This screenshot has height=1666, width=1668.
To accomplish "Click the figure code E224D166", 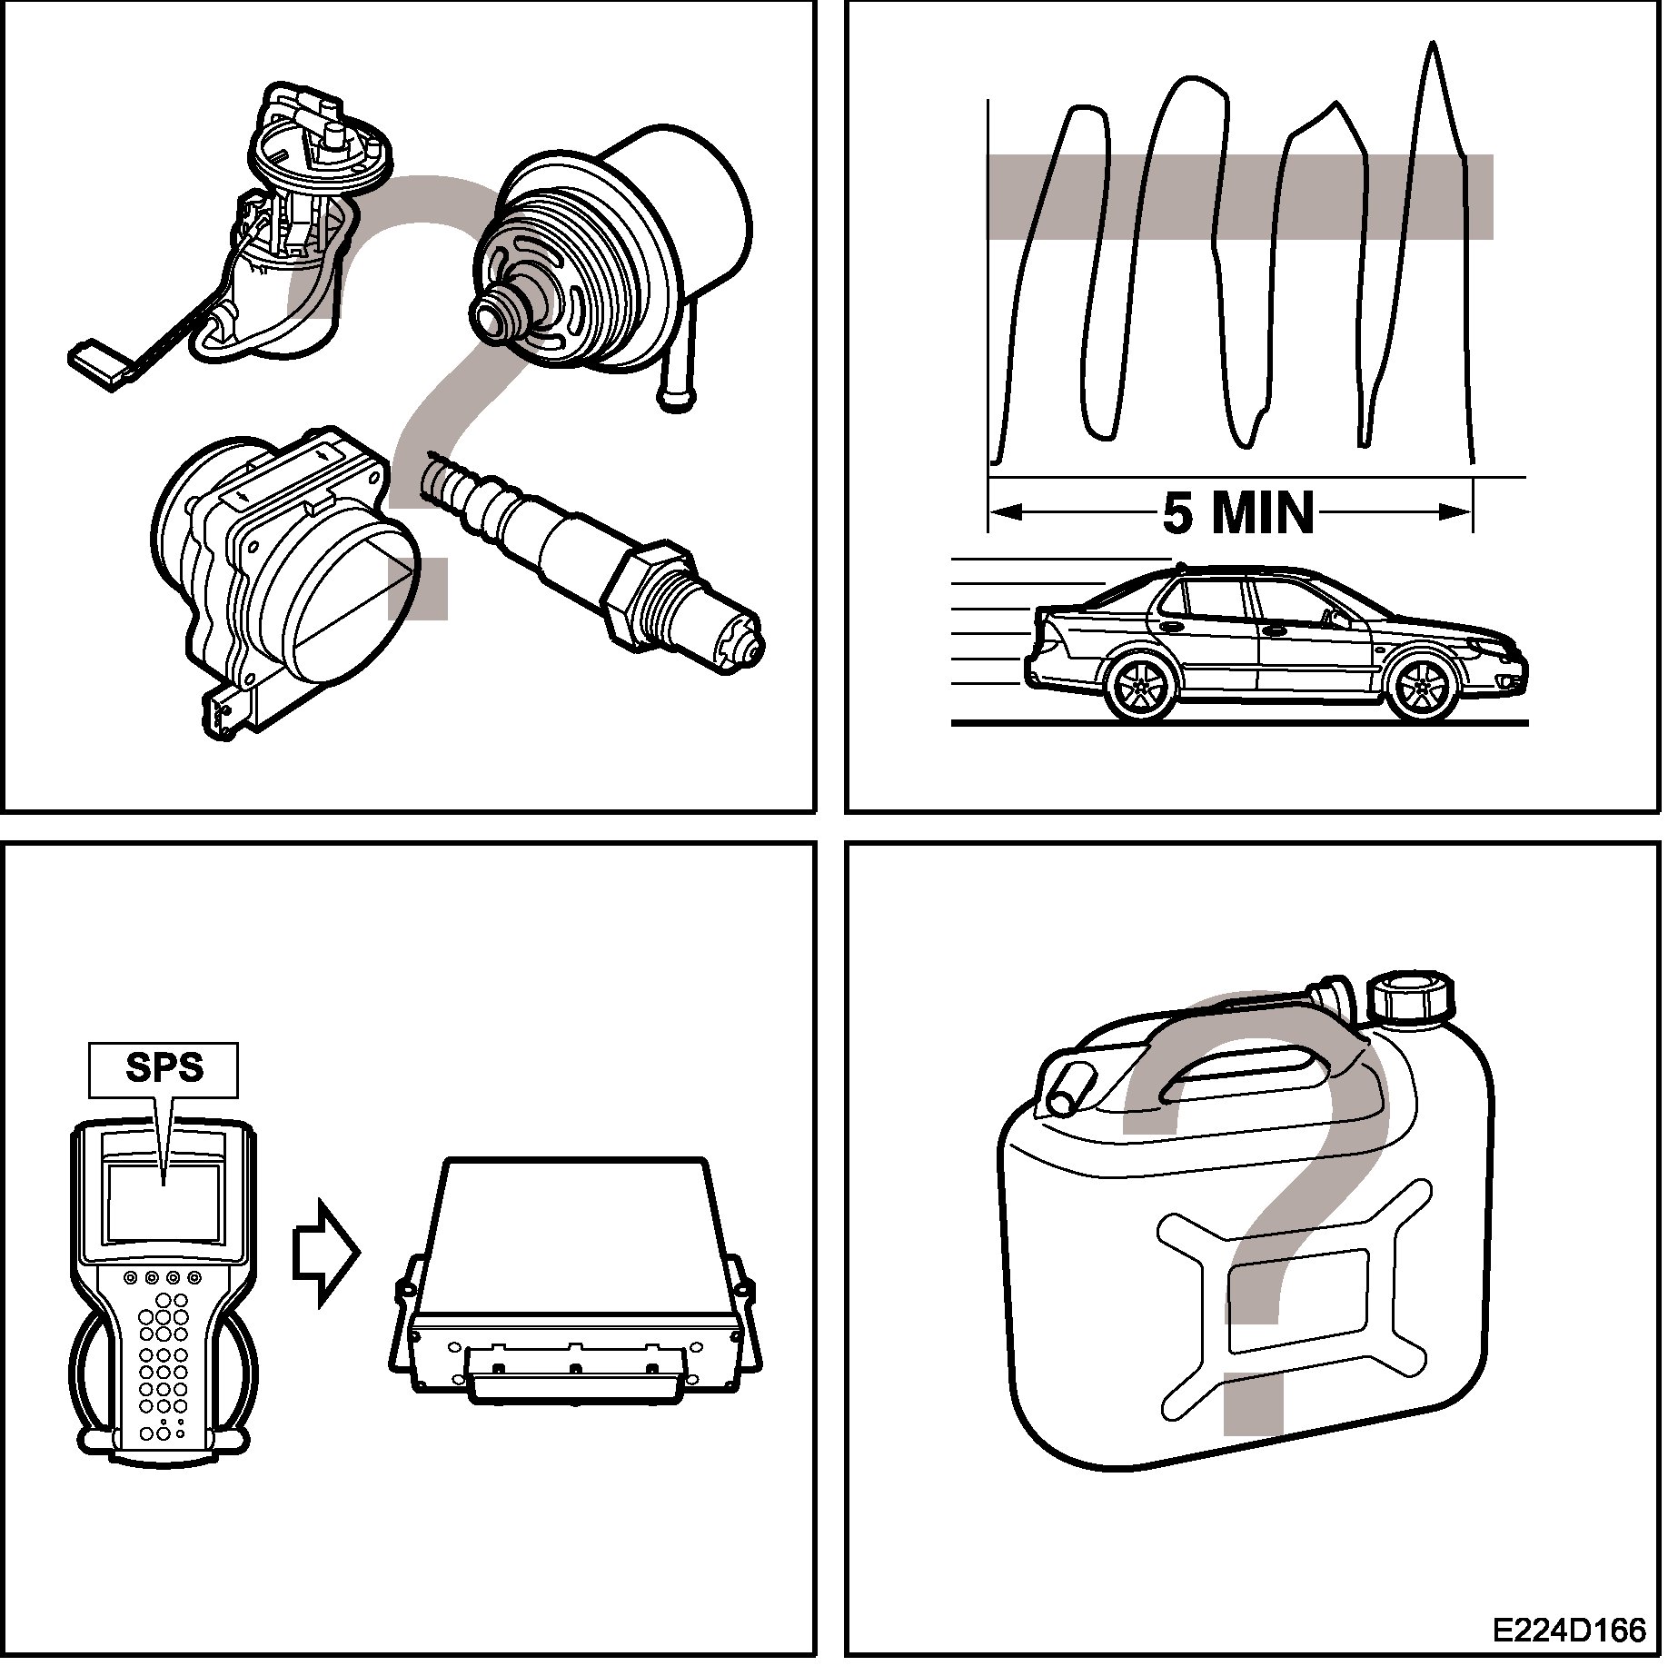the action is pyautogui.click(x=1571, y=1631).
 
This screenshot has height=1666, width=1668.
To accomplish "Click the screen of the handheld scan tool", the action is pyautogui.click(x=164, y=1203).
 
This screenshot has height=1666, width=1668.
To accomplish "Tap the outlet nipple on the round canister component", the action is pyautogui.click(x=502, y=309).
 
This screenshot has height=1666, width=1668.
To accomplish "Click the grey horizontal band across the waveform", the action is pyautogui.click(x=1240, y=197).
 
